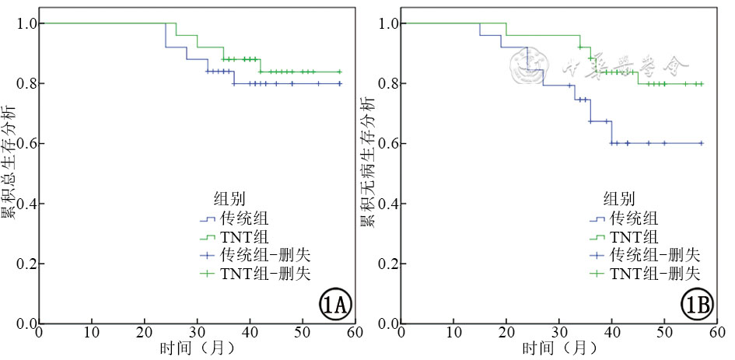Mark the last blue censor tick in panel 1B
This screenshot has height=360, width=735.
701,143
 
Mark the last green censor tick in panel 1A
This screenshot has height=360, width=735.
339,72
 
